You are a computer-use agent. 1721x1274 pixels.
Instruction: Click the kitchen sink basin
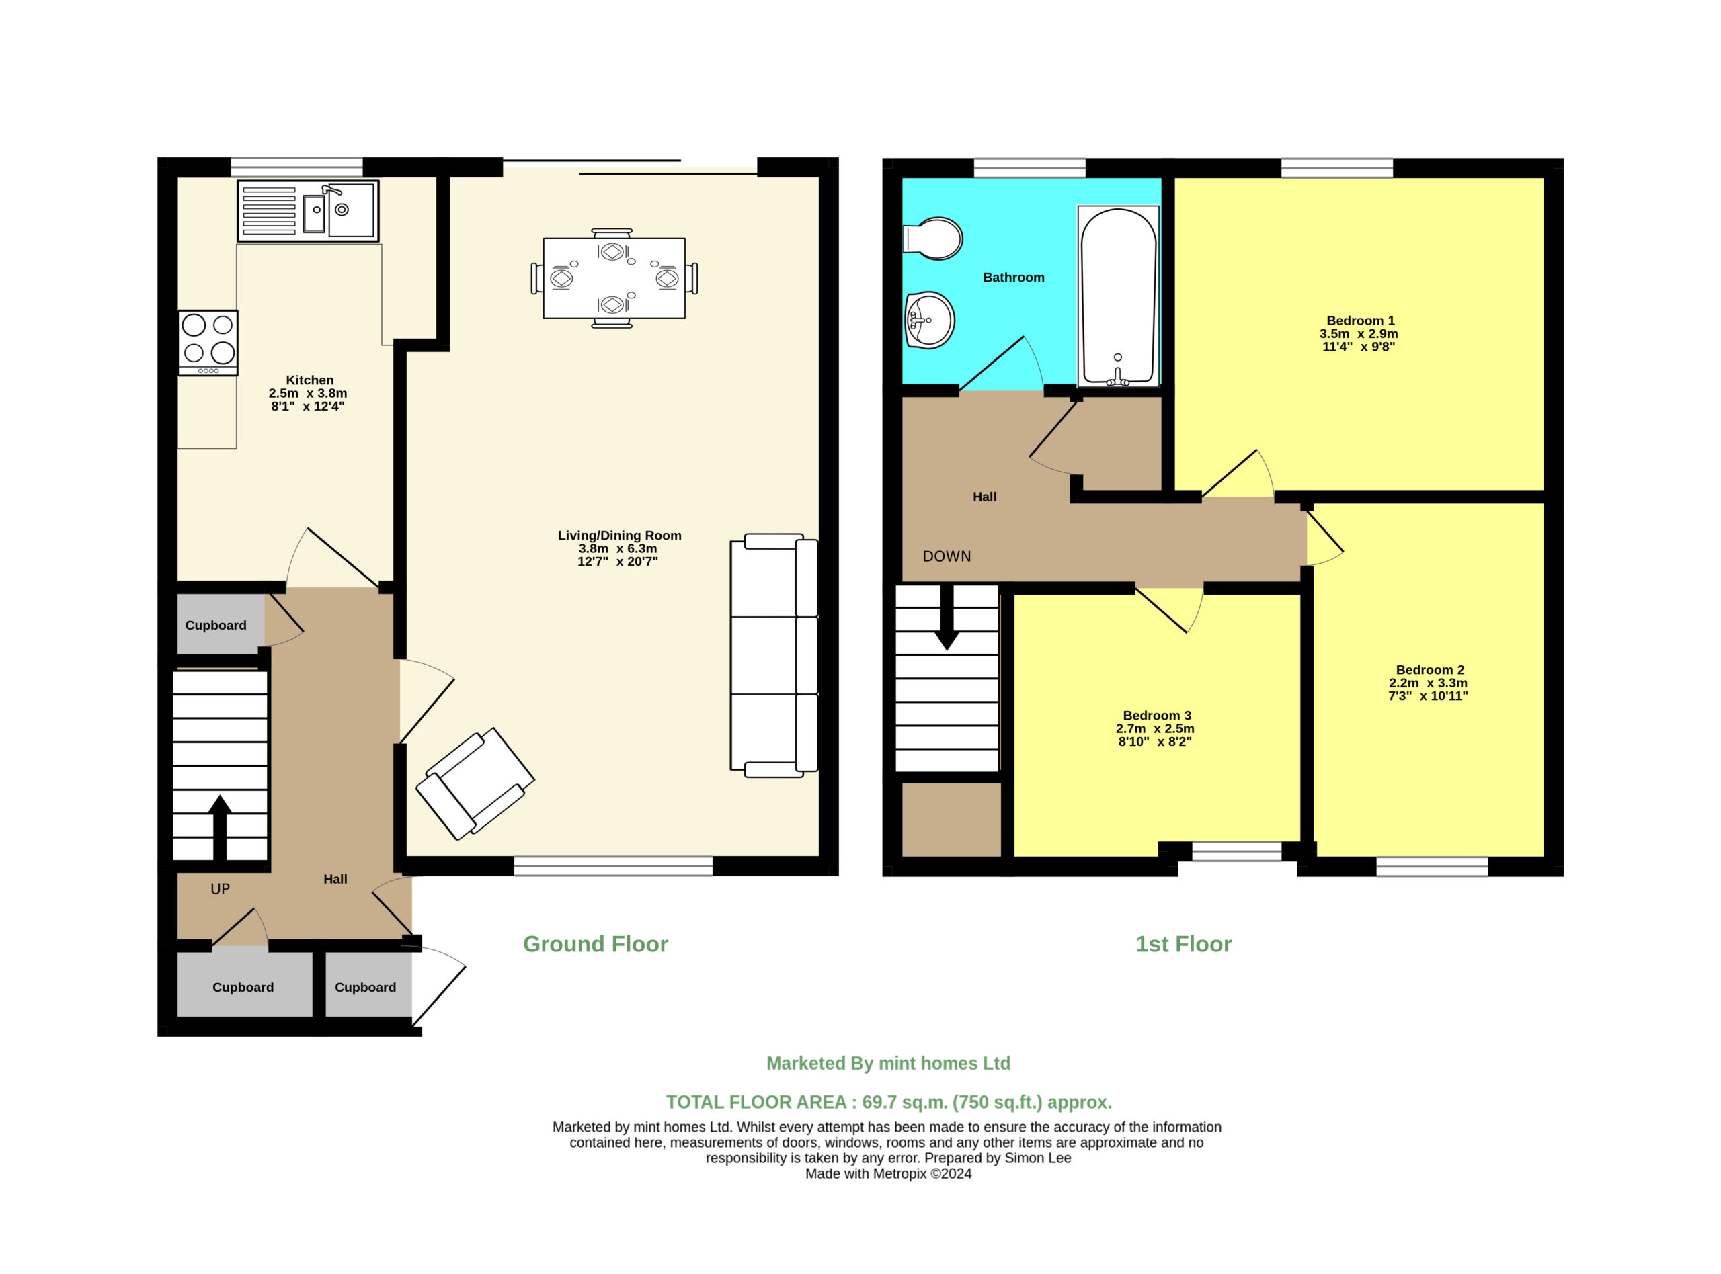pyautogui.click(x=351, y=210)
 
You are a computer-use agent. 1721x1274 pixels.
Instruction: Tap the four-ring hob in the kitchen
pyautogui.click(x=208, y=343)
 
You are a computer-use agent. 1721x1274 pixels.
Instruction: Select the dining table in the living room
pyautogui.click(x=614, y=278)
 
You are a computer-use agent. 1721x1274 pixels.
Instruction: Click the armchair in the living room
pyautogui.click(x=475, y=783)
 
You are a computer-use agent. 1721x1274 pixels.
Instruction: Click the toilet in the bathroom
pyautogui.click(x=932, y=239)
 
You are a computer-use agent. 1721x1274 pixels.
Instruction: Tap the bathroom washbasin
pyautogui.click(x=929, y=320)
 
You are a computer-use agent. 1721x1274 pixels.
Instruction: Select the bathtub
pyautogui.click(x=1118, y=296)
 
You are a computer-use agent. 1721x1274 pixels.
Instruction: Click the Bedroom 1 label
pyautogui.click(x=1360, y=320)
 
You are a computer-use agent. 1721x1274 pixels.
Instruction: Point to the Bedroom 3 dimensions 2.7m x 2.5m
pyautogui.click(x=1155, y=729)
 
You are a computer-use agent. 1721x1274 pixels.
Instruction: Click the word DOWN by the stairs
pyautogui.click(x=947, y=556)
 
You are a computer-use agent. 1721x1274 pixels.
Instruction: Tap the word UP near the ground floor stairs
pyautogui.click(x=220, y=889)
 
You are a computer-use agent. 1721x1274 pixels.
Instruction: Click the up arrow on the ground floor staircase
pyautogui.click(x=220, y=827)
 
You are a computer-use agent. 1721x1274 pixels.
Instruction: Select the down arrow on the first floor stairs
pyautogui.click(x=947, y=617)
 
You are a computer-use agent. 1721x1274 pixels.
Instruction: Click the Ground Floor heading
pyautogui.click(x=596, y=944)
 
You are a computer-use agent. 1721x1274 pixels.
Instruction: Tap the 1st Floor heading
pyautogui.click(x=1183, y=944)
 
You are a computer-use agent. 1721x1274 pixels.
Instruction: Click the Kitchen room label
pyautogui.click(x=309, y=380)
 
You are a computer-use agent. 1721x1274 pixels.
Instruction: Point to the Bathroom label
pyautogui.click(x=1014, y=278)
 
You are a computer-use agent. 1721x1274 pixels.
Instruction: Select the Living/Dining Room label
pyautogui.click(x=619, y=536)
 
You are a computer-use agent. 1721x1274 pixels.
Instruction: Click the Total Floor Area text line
pyautogui.click(x=889, y=1102)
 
